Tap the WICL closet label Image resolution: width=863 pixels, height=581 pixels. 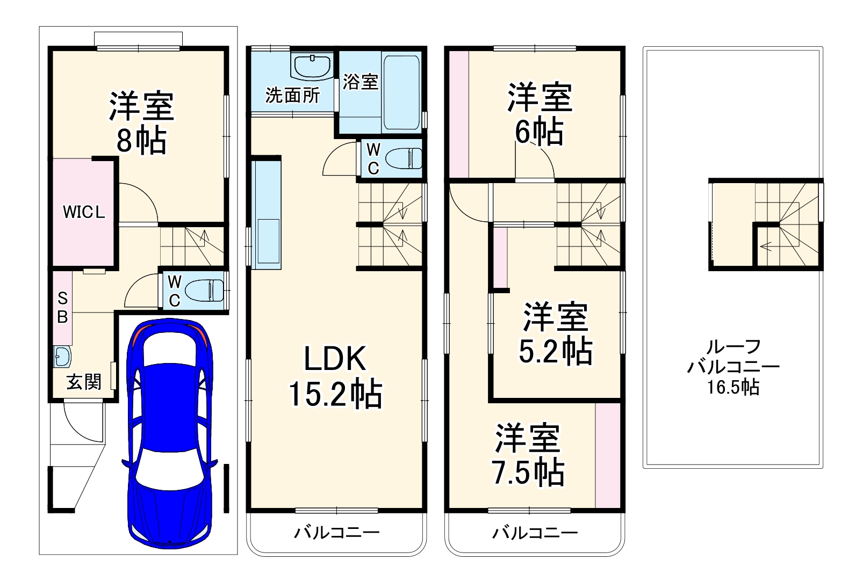(84, 212)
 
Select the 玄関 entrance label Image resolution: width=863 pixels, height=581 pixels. (84, 382)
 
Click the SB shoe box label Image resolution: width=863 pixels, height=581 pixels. (62, 308)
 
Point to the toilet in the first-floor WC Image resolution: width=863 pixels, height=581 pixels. (204, 290)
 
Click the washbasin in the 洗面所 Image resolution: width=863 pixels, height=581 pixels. (312, 67)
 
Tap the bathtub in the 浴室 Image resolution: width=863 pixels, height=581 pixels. (402, 93)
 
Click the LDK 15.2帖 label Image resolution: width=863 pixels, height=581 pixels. (335, 376)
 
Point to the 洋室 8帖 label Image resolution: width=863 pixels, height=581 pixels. (142, 122)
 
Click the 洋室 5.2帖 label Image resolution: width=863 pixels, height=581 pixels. (556, 333)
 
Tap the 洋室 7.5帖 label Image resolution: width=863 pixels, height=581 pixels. (528, 454)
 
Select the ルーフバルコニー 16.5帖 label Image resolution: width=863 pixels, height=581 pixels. (733, 367)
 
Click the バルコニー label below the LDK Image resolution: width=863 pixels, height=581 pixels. (337, 533)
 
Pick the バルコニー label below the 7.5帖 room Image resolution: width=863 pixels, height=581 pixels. (535, 533)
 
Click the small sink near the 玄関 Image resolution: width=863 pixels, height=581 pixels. (62, 357)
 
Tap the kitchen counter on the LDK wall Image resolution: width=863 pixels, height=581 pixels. (266, 214)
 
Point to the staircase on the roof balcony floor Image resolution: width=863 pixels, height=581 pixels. (786, 224)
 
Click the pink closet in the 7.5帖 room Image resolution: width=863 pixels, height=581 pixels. (608, 456)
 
